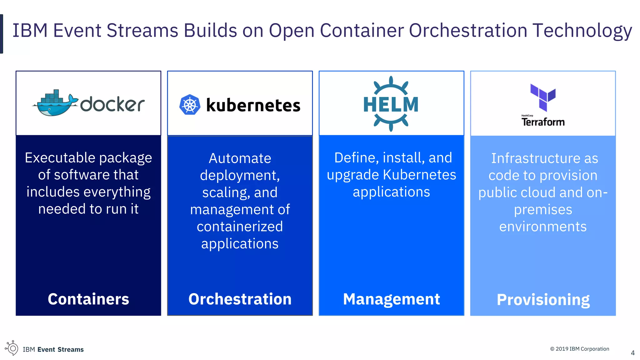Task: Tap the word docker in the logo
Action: (x=112, y=104)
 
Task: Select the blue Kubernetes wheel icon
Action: (x=190, y=105)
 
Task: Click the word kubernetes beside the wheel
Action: (x=253, y=105)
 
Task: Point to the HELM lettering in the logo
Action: (x=391, y=104)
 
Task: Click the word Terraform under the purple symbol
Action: (x=543, y=122)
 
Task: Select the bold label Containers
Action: (x=88, y=299)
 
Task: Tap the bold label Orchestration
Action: (x=240, y=299)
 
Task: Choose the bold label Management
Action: (x=392, y=299)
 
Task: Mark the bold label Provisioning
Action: (x=543, y=300)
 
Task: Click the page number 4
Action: (x=633, y=353)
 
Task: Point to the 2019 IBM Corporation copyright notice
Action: (x=580, y=349)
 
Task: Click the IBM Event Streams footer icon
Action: (x=12, y=348)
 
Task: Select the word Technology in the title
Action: (x=582, y=31)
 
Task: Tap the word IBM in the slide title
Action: (x=30, y=31)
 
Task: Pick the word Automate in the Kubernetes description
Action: (x=240, y=158)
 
